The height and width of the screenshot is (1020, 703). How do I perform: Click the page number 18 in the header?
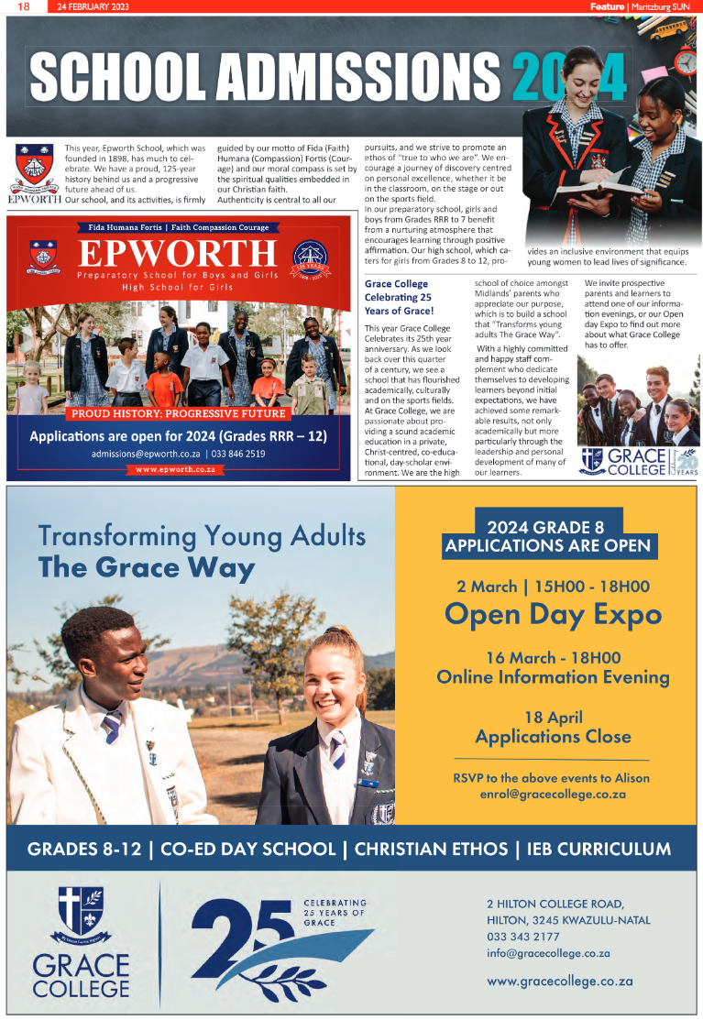pyautogui.click(x=24, y=6)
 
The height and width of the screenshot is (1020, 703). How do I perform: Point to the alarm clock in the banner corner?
pyautogui.click(x=686, y=62)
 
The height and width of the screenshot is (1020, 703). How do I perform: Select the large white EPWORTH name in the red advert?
pyautogui.click(x=177, y=255)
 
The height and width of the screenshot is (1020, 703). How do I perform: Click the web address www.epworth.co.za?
pyautogui.click(x=175, y=469)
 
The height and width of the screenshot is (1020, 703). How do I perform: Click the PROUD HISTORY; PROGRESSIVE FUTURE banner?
pyautogui.click(x=178, y=414)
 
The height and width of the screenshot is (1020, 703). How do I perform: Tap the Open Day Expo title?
pyautogui.click(x=553, y=613)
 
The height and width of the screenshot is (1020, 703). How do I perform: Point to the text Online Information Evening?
pyautogui.click(x=553, y=677)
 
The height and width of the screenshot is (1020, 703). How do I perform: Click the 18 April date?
pyautogui.click(x=553, y=717)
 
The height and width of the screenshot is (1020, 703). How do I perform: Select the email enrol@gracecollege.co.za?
pyautogui.click(x=553, y=795)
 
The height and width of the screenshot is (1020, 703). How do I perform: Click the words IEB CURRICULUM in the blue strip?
pyautogui.click(x=599, y=849)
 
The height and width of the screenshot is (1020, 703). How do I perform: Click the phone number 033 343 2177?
pyautogui.click(x=523, y=937)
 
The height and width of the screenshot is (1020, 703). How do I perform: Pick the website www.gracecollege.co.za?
pyautogui.click(x=560, y=981)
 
